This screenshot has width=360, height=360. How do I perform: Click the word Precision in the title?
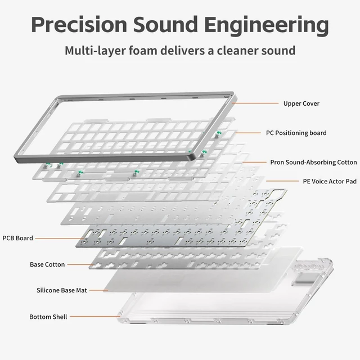pyautogui.click(x=79, y=25)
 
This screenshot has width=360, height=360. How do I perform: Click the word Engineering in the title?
pyautogui.click(x=266, y=26)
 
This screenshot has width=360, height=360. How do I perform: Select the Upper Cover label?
pyautogui.click(x=301, y=103)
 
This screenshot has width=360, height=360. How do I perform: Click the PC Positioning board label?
pyautogui.click(x=296, y=133)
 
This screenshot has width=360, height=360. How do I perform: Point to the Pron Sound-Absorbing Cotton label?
pyautogui.click(x=313, y=163)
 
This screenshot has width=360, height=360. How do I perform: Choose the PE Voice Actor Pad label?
pyautogui.click(x=330, y=181)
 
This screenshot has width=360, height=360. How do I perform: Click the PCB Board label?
pyautogui.click(x=17, y=238)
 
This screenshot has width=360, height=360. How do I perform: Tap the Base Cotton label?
pyautogui.click(x=47, y=264)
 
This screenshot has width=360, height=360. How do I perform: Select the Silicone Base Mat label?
pyautogui.click(x=62, y=290)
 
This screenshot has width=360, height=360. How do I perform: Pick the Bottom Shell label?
pyautogui.click(x=48, y=317)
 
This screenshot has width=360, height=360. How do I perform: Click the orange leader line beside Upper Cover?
pyautogui.click(x=255, y=103)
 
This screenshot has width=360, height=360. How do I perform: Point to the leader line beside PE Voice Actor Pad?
pyautogui.click(x=282, y=181)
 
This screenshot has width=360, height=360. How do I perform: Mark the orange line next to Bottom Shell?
pyautogui.click(x=95, y=316)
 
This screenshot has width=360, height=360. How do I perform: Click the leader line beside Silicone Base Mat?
pyautogui.click(x=99, y=290)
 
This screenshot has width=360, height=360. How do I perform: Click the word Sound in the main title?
pyautogui.click(x=165, y=25)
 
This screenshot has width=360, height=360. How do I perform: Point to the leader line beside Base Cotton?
pyautogui.click(x=80, y=264)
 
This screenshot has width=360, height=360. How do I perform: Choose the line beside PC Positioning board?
pyautogui.click(x=248, y=133)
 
